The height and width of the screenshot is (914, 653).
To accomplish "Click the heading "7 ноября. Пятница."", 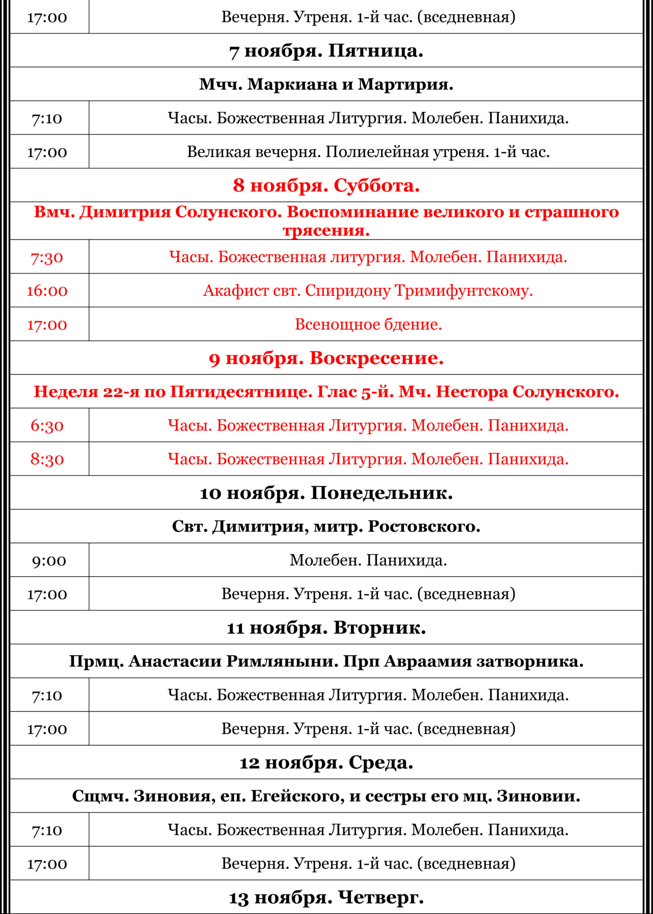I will tap(326, 51).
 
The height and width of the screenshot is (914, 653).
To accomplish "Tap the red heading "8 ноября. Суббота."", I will tap(326, 185).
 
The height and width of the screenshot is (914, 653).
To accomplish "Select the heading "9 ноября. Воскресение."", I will tap(326, 358).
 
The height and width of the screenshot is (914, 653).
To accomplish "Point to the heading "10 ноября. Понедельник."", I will tap(326, 493).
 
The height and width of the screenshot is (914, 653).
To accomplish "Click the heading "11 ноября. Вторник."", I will tap(326, 627).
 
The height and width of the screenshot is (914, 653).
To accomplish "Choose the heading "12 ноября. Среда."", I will tap(326, 762).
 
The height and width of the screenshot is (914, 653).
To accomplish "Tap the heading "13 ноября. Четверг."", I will tap(326, 897).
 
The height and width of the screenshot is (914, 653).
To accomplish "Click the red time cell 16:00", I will tap(47, 291).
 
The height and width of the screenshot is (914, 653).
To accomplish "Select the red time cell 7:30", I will tap(47, 258).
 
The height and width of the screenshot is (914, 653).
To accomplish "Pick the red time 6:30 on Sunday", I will tap(47, 425).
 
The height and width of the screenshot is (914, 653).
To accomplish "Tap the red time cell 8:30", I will tap(47, 459).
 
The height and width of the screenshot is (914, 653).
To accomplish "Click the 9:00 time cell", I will tap(49, 560).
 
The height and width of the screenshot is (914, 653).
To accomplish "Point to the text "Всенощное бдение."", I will tap(368, 324).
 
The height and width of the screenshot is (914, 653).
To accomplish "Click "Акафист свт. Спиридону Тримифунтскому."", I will tap(368, 291).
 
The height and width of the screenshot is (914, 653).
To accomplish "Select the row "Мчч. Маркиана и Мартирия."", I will tap(326, 84).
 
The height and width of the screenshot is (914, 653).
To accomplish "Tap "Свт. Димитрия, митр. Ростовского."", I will tap(326, 527).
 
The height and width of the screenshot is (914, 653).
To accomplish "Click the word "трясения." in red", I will tap(326, 231).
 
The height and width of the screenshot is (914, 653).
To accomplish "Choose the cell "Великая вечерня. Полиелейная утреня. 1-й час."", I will tap(368, 152).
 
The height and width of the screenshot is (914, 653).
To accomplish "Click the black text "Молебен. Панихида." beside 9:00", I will tap(368, 560).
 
